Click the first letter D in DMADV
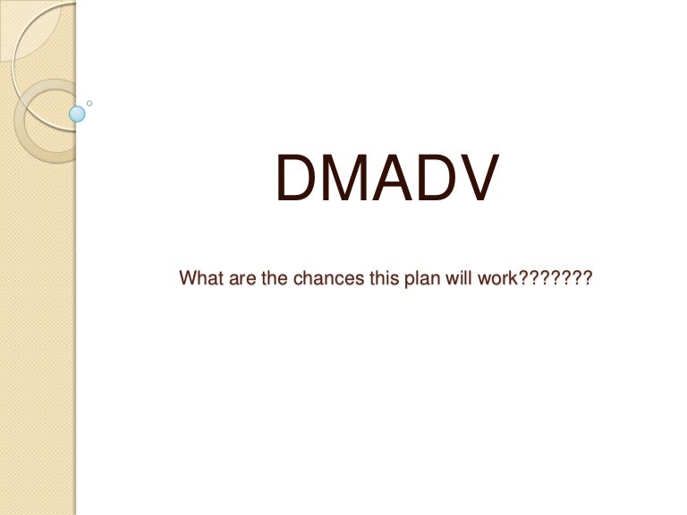coord(295,179)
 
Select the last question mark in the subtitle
coord(587,278)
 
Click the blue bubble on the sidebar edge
coord(78,114)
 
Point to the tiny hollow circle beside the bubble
coord(89,104)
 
